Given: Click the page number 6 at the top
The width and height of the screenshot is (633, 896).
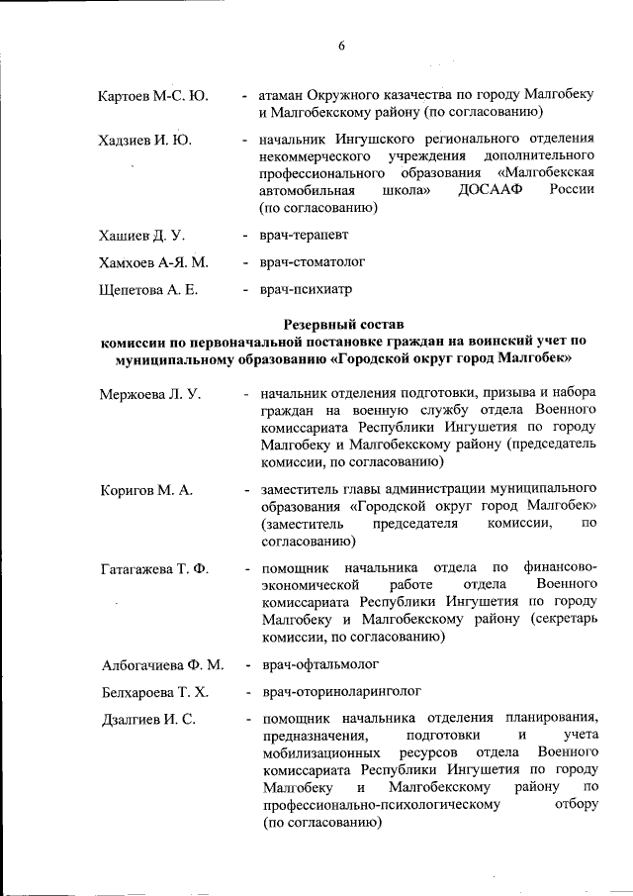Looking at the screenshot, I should click(341, 46).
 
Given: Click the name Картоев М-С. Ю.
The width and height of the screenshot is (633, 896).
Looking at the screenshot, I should click(153, 96).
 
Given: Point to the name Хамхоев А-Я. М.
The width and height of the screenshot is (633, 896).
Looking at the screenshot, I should click(153, 262).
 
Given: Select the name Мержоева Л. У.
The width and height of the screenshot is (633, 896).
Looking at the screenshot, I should click(150, 394).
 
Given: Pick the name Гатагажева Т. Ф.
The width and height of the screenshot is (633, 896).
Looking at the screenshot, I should click(156, 568).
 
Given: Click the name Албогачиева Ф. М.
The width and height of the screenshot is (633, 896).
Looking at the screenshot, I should click(162, 663).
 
